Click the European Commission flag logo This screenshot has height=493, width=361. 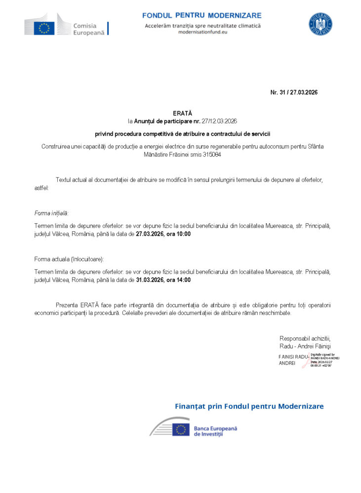(x=44, y=28)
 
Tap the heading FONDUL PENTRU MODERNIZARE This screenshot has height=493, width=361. (x=202, y=16)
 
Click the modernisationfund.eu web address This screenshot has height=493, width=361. (x=202, y=32)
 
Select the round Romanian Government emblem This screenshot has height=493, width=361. (x=321, y=24)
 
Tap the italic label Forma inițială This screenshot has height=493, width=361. (x=51, y=213)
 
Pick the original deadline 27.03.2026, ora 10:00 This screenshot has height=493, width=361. (x=163, y=234)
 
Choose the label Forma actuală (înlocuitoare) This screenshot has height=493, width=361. (x=69, y=259)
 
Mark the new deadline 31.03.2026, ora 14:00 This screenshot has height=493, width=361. (x=163, y=280)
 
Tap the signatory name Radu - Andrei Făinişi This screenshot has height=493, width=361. (x=305, y=346)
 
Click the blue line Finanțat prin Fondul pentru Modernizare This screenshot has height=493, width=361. (x=249, y=406)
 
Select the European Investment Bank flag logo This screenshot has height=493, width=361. (x=181, y=429)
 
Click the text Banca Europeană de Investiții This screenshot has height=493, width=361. (x=215, y=430)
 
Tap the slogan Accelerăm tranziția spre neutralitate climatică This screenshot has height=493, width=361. (x=202, y=25)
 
